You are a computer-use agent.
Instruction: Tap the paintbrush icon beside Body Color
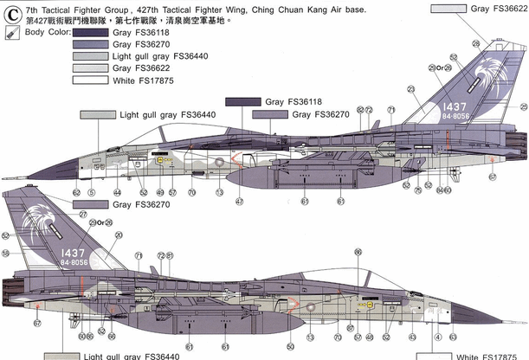[9, 32]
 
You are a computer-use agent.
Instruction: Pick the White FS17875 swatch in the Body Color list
[83, 79]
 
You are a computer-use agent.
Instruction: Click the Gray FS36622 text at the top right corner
[492, 8]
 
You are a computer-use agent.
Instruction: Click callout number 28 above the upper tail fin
[476, 42]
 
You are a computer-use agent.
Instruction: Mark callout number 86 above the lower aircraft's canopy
[358, 252]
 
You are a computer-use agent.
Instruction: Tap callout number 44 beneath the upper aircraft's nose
[116, 192]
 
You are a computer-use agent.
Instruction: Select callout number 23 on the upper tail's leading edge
[410, 89]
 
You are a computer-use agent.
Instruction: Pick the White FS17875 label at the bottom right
[490, 356]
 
